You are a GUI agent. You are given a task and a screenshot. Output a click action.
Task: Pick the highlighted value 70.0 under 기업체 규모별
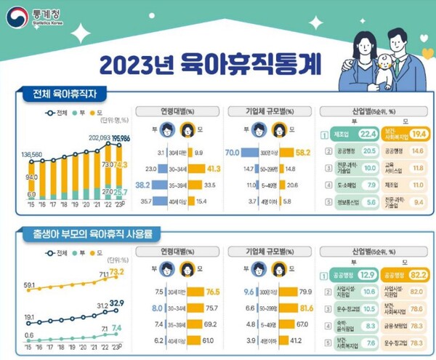pos(233,153)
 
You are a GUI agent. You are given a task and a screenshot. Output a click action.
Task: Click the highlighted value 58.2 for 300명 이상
pos(304,153)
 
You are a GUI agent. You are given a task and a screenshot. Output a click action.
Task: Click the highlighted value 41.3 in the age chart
pos(214,169)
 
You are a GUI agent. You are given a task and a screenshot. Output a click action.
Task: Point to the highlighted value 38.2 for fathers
pos(143,185)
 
